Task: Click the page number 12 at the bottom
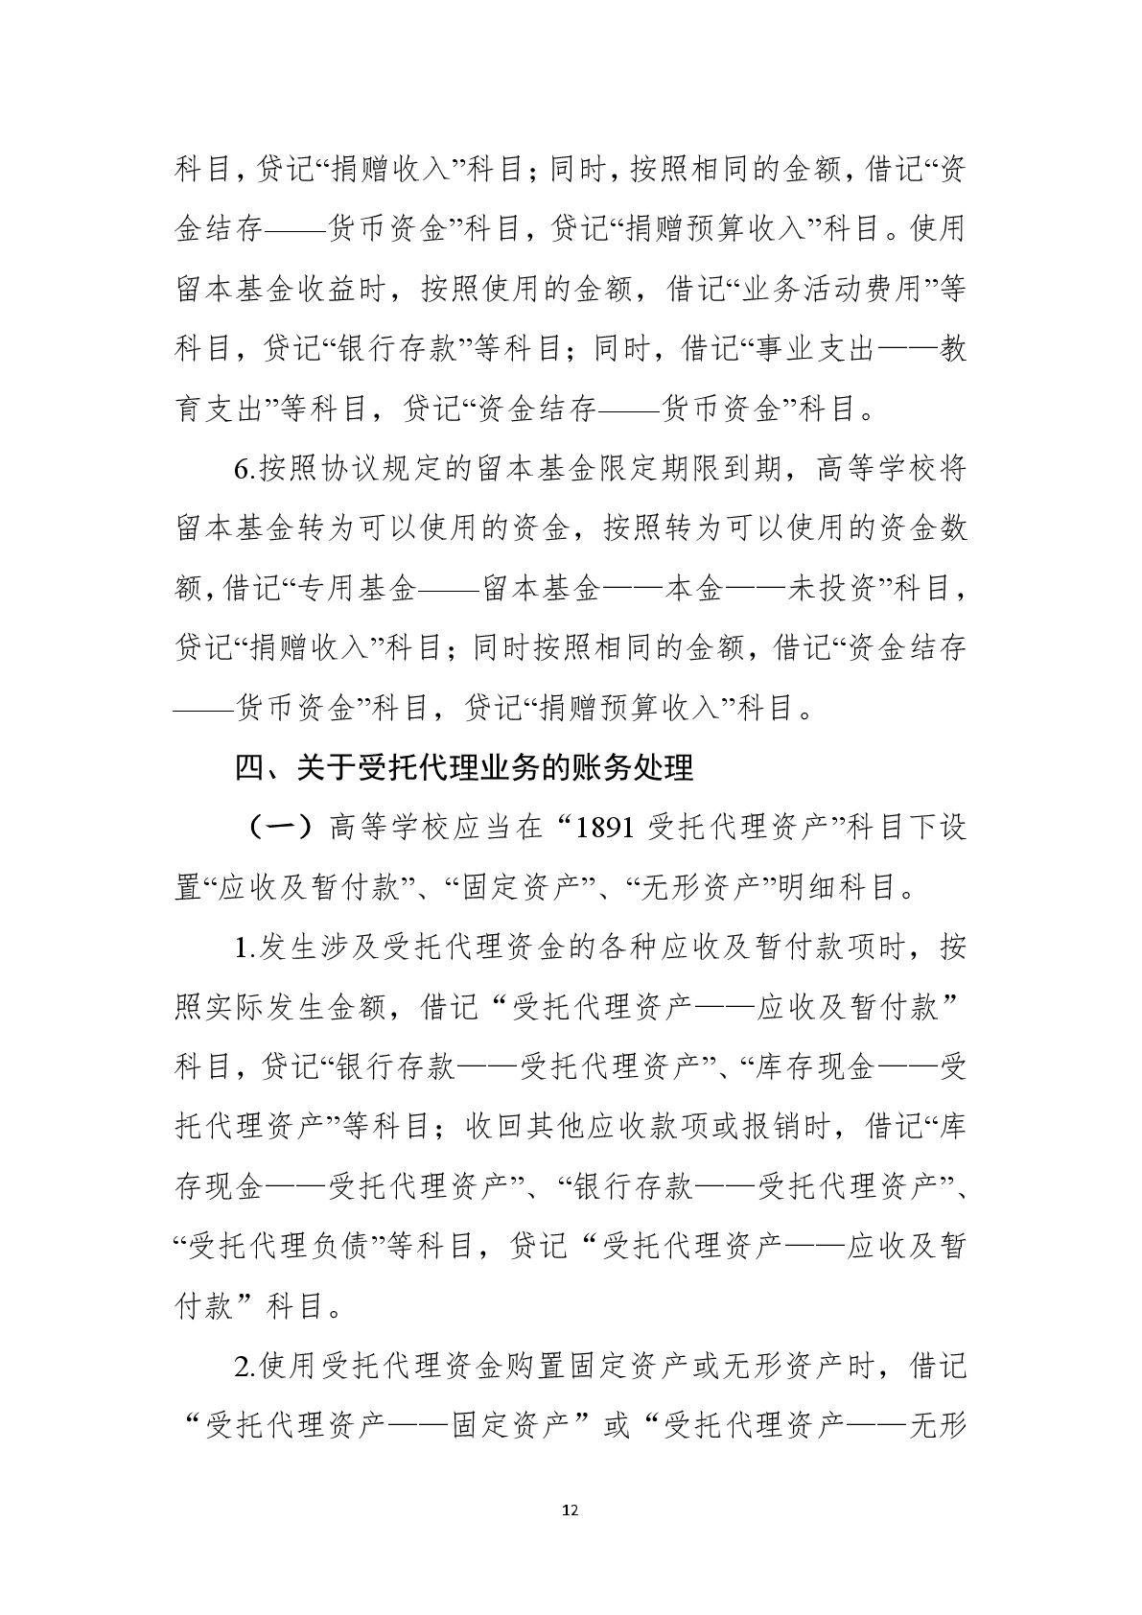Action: [571, 1510]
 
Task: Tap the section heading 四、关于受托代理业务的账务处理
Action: [464, 768]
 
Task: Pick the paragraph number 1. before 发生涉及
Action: [243, 948]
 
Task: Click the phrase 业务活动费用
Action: [831, 290]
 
